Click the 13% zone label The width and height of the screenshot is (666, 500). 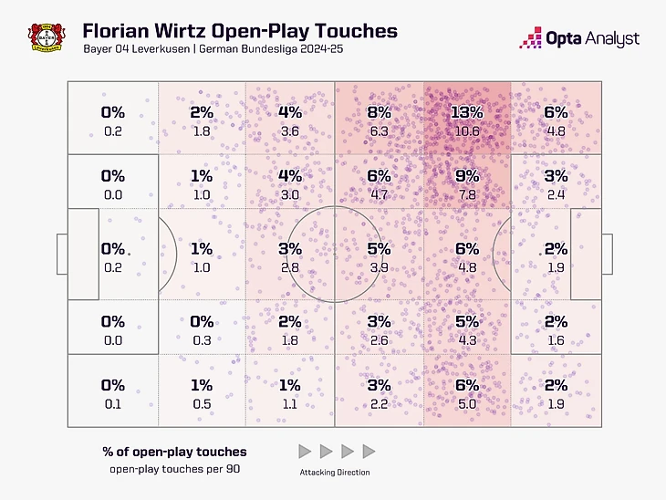coord(466,112)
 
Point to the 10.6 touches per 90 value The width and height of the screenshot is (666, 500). coord(466,130)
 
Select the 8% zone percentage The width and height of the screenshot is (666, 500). coord(378,112)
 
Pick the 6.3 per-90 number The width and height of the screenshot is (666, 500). coord(378,130)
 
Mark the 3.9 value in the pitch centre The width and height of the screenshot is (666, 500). coord(378,266)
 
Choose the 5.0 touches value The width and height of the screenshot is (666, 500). coord(466,404)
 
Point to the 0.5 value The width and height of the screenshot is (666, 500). coord(202,404)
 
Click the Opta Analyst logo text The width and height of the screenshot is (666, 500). coord(592,38)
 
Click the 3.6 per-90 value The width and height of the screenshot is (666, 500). coord(289,130)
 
